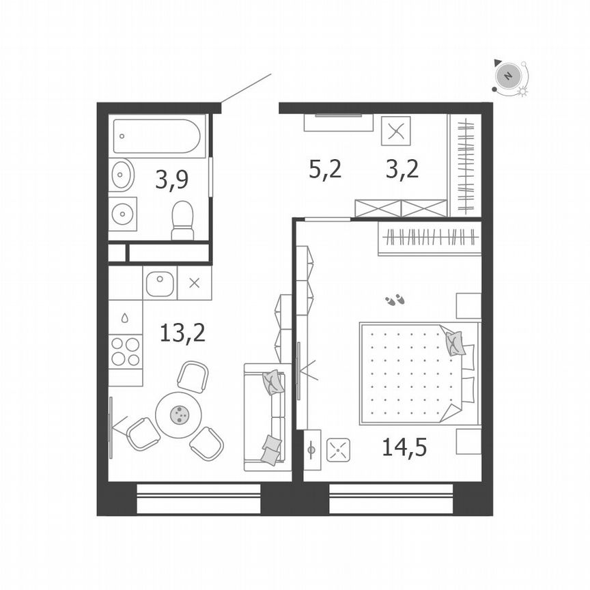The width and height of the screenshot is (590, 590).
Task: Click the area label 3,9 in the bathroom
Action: click(x=171, y=180)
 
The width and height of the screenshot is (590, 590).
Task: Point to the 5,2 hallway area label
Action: click(x=324, y=168)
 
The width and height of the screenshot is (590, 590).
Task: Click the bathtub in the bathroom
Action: click(x=157, y=137)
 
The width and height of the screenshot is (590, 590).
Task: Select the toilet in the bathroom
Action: click(x=182, y=220)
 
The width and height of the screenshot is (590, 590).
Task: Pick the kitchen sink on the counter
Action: click(x=160, y=283)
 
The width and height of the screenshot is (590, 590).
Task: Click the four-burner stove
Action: click(x=125, y=352)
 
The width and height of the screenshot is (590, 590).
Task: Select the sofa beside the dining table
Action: click(x=265, y=417)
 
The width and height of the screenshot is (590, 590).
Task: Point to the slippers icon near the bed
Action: click(x=395, y=299)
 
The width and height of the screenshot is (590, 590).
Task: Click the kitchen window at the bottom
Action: click(x=199, y=498)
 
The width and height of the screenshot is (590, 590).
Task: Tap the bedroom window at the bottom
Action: click(x=391, y=498)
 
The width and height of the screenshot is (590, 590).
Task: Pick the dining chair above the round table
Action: click(x=193, y=376)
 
